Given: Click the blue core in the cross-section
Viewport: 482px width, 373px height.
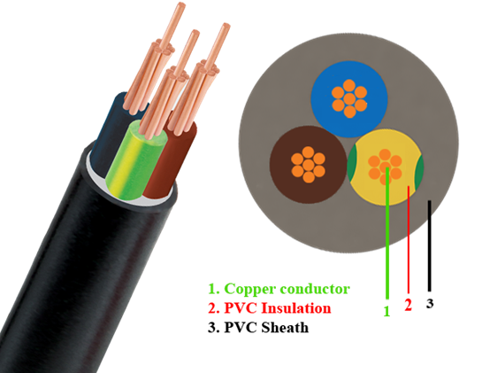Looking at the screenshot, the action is pyautogui.click(x=349, y=99).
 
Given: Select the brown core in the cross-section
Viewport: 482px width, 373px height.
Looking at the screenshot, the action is pyautogui.click(x=309, y=164).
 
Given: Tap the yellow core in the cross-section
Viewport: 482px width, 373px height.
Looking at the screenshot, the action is pyautogui.click(x=386, y=167).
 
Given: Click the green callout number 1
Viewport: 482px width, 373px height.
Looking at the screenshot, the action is pyautogui.click(x=386, y=311).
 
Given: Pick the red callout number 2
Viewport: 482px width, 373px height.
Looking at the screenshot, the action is pyautogui.click(x=408, y=305).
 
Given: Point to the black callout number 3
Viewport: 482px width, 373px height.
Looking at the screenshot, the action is pyautogui.click(x=430, y=303).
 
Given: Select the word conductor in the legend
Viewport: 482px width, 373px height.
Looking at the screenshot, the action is pyautogui.click(x=316, y=289).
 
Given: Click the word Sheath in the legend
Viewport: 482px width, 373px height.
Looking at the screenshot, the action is pyautogui.click(x=285, y=327).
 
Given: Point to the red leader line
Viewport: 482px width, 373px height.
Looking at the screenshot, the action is pyautogui.click(x=409, y=239).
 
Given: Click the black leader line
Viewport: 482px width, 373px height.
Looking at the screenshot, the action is pyautogui.click(x=430, y=245).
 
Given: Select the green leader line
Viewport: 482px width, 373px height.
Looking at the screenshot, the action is pyautogui.click(x=387, y=233).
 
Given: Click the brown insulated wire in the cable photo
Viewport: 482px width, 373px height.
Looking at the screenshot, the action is pyautogui.click(x=168, y=160).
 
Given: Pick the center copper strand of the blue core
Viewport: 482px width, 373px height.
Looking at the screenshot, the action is pyautogui.click(x=349, y=99).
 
